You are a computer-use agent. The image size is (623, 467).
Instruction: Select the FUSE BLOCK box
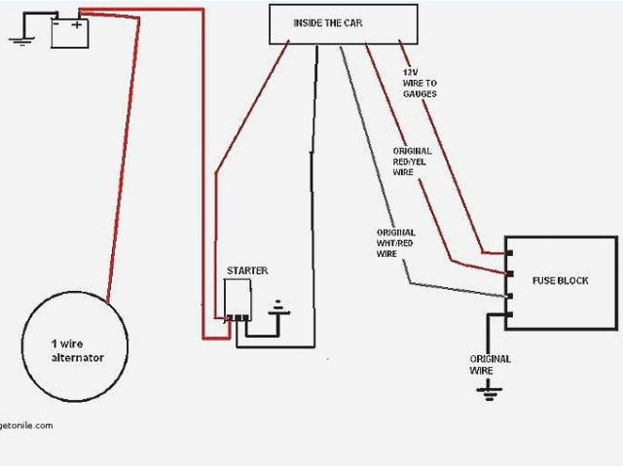click(560, 282)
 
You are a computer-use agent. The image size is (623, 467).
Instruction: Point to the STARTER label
click(247, 270)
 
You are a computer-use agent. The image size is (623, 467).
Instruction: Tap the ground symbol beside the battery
click(18, 41)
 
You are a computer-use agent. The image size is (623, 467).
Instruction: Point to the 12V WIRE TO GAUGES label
click(419, 83)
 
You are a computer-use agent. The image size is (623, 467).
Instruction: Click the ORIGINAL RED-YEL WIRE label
click(412, 162)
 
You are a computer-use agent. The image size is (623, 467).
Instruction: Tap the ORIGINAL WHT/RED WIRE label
click(395, 243)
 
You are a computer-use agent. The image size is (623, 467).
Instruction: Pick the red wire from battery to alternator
click(126, 156)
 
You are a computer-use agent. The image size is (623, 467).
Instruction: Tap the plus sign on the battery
click(78, 24)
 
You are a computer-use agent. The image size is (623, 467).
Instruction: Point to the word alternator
click(78, 358)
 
